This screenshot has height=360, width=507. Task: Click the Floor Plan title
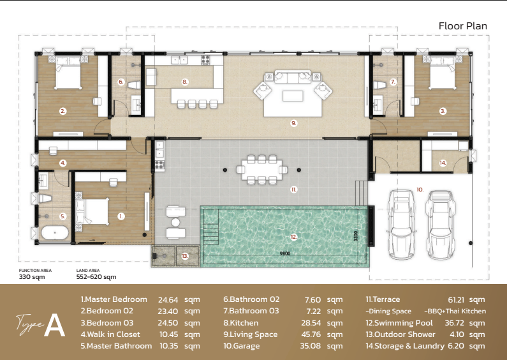click(463, 26)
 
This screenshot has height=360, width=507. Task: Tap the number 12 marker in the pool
click(293, 237)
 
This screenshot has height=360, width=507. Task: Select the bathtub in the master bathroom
click(55, 233)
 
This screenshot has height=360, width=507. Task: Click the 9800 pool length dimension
click(285, 253)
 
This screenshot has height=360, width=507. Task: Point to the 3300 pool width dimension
click(356, 236)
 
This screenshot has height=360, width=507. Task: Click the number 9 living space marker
click(293, 123)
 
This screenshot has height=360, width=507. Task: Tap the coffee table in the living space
click(293, 96)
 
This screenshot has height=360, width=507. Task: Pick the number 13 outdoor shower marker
click(185, 256)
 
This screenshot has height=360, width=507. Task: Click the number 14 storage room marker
click(443, 163)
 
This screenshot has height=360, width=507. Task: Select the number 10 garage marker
click(420, 190)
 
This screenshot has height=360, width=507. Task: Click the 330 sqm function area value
click(32, 277)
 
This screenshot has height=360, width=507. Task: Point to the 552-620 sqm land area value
click(96, 277)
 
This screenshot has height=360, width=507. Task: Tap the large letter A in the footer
click(54, 325)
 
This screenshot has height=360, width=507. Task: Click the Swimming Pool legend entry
click(399, 323)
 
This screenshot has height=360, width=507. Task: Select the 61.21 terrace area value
click(457, 300)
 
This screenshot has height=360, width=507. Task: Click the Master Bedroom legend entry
click(114, 299)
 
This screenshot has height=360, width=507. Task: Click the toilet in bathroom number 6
click(134, 85)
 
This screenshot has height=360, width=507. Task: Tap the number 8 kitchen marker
click(185, 82)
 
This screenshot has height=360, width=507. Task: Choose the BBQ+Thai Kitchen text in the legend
click(455, 311)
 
